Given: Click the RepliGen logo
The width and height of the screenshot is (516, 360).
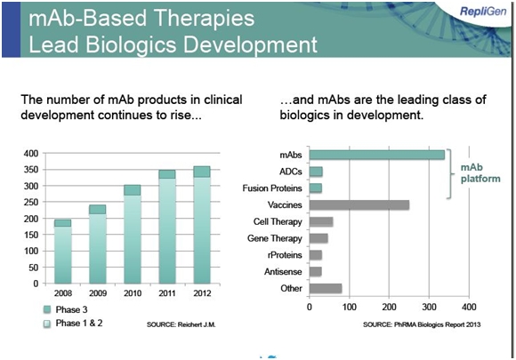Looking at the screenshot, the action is [x=483, y=12].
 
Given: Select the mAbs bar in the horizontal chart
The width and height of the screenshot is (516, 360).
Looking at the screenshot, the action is [x=377, y=155].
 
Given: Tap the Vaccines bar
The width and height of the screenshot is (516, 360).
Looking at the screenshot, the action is [x=359, y=204].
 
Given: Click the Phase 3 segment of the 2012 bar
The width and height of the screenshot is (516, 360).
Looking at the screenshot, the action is [x=202, y=172].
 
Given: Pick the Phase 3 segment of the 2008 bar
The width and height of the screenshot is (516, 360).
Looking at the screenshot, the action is [x=63, y=223].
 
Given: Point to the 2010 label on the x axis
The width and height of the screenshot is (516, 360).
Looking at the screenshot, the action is [x=133, y=293].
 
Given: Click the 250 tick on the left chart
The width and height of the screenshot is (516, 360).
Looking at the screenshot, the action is [x=31, y=202].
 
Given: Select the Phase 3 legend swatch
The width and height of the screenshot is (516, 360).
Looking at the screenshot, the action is [x=47, y=309].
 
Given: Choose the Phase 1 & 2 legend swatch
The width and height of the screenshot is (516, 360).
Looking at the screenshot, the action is [x=47, y=324].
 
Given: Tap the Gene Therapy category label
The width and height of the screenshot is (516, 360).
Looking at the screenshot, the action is [x=274, y=238].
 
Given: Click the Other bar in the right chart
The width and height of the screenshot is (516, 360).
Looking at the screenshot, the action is [x=326, y=288].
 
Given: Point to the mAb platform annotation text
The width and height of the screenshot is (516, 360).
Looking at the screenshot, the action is [x=480, y=173].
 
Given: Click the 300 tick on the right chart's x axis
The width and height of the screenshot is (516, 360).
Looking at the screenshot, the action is [x=429, y=307].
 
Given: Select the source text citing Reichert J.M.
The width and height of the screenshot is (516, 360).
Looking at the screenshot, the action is [x=181, y=324].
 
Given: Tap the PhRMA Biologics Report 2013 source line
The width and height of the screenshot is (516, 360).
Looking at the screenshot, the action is [x=422, y=324].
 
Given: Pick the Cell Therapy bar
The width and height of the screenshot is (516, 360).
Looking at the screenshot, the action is [x=321, y=221].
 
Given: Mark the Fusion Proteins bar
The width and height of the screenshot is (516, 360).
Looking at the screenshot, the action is [x=316, y=188].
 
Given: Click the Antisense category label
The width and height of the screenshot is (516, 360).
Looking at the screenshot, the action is [x=283, y=272].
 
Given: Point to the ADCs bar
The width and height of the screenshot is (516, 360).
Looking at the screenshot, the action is [x=316, y=172].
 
